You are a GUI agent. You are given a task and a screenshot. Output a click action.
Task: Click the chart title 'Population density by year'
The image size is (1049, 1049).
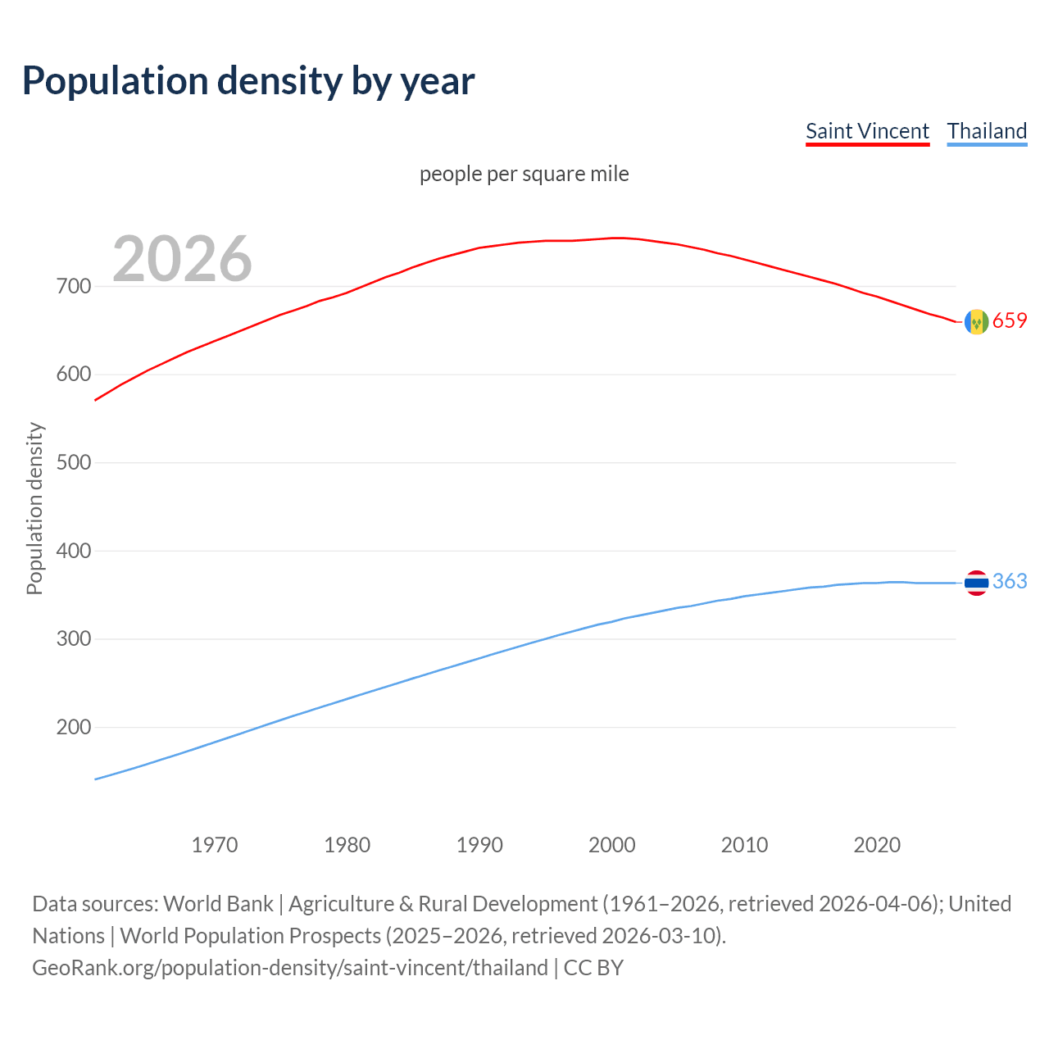click(x=248, y=81)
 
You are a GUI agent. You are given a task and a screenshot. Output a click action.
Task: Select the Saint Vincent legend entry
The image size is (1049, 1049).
click(x=867, y=131)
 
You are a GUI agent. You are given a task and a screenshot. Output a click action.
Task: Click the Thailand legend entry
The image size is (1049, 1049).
click(x=987, y=131)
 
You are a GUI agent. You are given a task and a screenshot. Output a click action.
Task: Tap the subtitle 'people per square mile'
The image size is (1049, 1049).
click(x=524, y=174)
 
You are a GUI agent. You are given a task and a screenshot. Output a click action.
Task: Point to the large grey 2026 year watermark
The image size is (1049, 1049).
click(x=182, y=259)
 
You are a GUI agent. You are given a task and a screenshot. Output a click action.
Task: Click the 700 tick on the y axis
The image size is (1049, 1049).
click(x=73, y=287)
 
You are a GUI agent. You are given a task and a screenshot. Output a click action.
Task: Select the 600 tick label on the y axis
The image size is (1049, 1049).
click(x=73, y=375)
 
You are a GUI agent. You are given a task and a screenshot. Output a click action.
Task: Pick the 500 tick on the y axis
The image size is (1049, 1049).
click(x=73, y=463)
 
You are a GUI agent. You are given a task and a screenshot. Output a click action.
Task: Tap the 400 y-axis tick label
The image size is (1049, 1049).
click(x=73, y=551)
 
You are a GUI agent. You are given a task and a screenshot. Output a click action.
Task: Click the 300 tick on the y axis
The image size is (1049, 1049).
click(x=73, y=639)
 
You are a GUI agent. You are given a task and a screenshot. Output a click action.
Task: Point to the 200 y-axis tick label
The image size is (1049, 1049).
click(x=73, y=727)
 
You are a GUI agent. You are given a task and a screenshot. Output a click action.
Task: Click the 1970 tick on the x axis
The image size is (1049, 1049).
click(x=215, y=845)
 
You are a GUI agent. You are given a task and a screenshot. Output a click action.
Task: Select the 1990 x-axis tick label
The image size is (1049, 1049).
click(x=479, y=845)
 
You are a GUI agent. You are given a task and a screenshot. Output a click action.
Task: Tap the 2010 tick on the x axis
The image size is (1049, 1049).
click(x=744, y=845)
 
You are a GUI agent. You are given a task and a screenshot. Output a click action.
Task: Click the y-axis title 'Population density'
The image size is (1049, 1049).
click(x=34, y=508)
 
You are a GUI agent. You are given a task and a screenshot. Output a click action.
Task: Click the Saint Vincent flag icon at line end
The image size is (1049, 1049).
click(x=976, y=322)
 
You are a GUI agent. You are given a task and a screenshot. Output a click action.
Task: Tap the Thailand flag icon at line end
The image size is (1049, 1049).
click(x=976, y=583)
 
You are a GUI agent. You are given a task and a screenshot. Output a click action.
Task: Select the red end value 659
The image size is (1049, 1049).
click(x=1010, y=321)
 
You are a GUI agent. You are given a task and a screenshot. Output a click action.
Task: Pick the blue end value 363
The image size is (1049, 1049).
click(x=1010, y=582)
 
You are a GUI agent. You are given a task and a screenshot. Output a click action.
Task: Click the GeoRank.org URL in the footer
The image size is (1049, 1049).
click(x=290, y=968)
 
